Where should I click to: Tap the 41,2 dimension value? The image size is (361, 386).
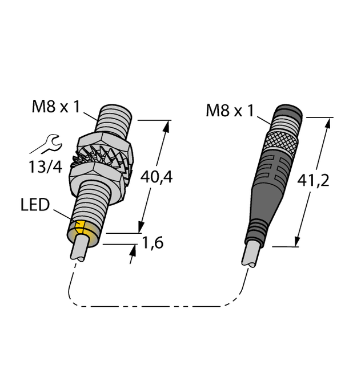click(x=313, y=181)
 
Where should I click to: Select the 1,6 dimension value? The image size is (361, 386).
click(x=153, y=243)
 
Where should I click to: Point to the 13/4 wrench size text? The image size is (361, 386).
click(x=44, y=166)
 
